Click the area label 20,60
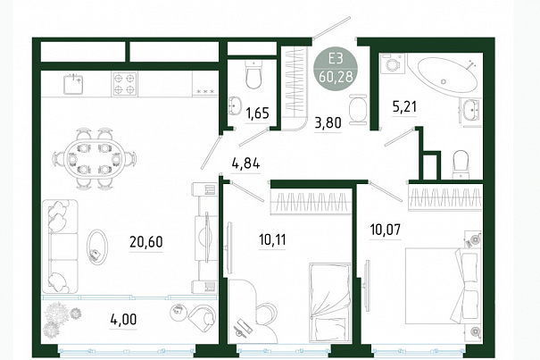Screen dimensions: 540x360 (146, 242)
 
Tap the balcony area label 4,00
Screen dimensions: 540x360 (123, 319)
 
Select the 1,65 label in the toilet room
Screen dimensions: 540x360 (257, 113)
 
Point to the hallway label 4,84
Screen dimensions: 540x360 (245, 163)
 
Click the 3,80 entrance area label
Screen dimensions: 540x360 (328, 122)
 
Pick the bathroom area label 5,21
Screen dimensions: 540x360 (404, 106)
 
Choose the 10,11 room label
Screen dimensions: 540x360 (272, 239)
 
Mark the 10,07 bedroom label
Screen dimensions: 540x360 (386, 229)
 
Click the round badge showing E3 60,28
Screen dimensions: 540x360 (336, 68)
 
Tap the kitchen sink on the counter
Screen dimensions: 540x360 (74, 84)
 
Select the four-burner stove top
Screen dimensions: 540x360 (125, 84)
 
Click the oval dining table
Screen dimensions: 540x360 (95, 159)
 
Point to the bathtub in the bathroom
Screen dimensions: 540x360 (447, 75)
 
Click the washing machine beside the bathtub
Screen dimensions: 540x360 (392, 63)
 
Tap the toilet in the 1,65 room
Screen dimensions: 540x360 (254, 74)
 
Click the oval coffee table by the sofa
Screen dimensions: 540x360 (96, 247)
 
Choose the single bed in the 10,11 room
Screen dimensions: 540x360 (330, 303)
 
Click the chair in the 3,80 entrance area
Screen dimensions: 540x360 (358, 109)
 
